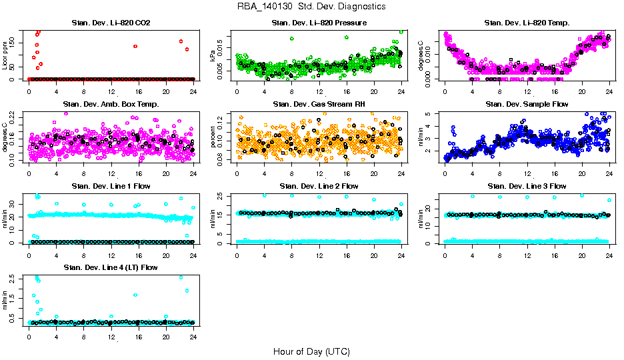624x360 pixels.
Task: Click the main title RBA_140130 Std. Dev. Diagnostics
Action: coord(311,7)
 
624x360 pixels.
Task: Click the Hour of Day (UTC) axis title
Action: coord(311,351)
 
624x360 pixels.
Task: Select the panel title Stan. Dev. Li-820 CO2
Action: coord(111,23)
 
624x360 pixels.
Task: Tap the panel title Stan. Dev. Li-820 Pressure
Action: coord(319,23)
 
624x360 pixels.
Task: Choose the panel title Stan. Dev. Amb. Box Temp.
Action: coord(111,104)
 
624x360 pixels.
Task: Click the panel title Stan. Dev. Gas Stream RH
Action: coord(319,104)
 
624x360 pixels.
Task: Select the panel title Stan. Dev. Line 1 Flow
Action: coord(111,186)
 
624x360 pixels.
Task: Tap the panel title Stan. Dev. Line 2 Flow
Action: coord(319,186)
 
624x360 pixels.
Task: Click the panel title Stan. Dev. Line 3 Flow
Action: coord(527,186)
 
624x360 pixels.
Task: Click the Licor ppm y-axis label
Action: coord(5,56)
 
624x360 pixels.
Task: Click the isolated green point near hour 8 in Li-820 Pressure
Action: coord(292,39)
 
